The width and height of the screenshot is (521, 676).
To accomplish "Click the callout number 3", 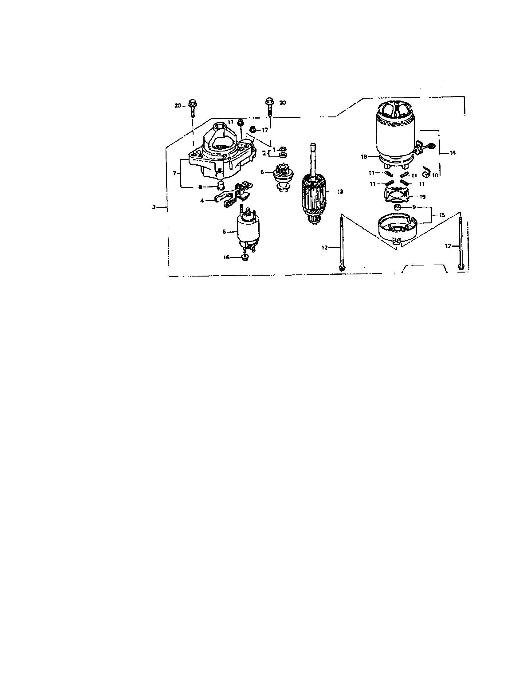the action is click(154, 207).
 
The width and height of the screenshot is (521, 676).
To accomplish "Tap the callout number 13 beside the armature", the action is click(340, 192).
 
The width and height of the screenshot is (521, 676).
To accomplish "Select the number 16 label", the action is click(226, 257).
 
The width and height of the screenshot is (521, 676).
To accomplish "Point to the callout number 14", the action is click(452, 153).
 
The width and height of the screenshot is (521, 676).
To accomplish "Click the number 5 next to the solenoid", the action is click(225, 231).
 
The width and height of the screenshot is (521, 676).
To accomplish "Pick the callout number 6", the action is click(262, 172).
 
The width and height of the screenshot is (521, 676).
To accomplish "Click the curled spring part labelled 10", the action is click(427, 172).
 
